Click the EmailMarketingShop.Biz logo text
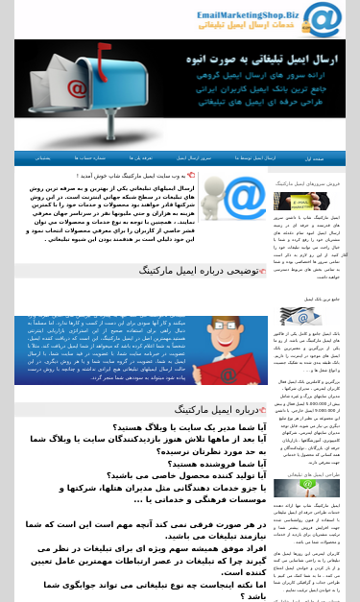(x=248, y=15)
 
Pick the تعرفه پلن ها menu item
(x=141, y=157)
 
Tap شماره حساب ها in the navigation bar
(x=89, y=157)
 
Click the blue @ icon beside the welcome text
(x=247, y=199)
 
